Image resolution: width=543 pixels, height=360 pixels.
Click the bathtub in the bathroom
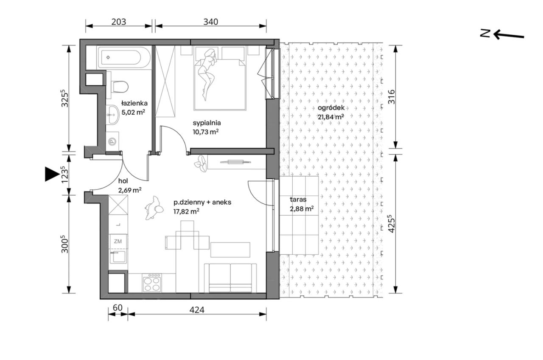(x=121, y=57)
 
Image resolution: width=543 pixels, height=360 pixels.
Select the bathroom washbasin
(x=112, y=115)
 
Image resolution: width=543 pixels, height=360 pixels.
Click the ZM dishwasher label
(x=118, y=241)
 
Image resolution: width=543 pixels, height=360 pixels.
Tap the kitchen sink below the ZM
(x=118, y=257)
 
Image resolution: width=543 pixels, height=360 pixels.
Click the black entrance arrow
(x=52, y=174)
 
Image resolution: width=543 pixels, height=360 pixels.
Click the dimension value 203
(x=119, y=22)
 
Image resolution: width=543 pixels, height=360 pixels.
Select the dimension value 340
(x=211, y=22)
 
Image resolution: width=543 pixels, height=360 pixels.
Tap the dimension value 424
(x=197, y=310)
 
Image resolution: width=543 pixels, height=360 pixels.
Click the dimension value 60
(x=118, y=308)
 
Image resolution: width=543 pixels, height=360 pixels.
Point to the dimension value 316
(x=392, y=97)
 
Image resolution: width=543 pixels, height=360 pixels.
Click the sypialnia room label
(x=207, y=123)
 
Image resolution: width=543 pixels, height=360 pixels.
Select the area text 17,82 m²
(x=186, y=211)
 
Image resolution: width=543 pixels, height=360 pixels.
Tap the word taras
(x=298, y=200)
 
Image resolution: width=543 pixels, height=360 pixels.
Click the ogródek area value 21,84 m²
(x=331, y=117)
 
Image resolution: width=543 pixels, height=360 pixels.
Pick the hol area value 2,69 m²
(x=130, y=190)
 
